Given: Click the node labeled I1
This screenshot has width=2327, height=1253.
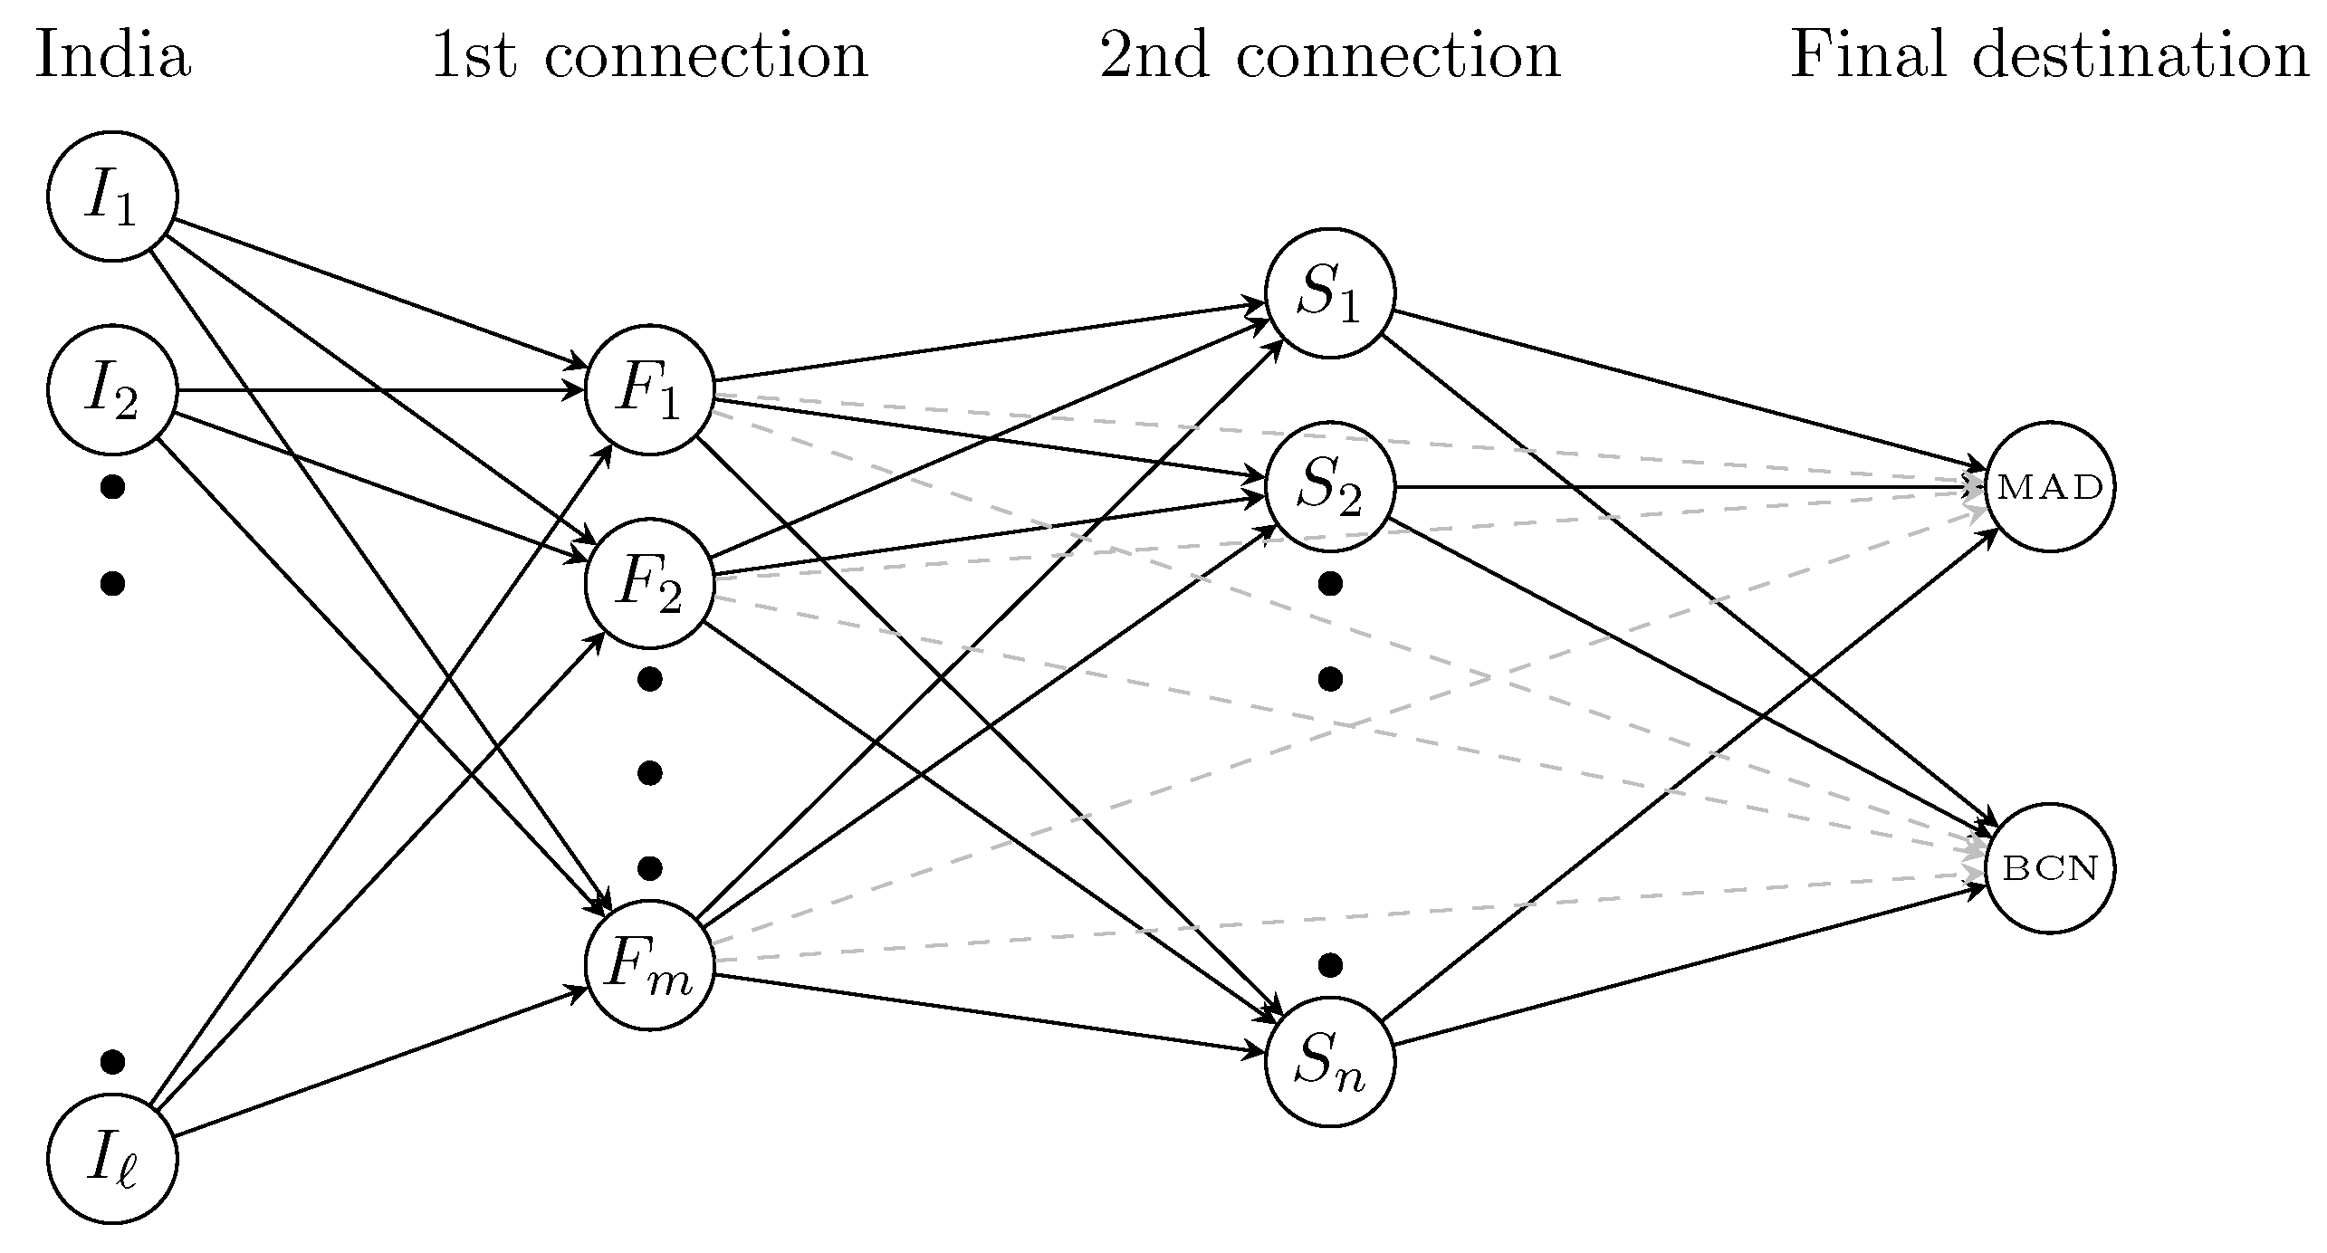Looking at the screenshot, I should point(112,196).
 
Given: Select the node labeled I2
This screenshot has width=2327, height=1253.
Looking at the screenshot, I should point(112,390).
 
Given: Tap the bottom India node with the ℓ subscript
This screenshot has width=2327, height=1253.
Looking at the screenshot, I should point(112,1160).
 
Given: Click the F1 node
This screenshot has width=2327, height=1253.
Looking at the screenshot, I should point(649,390).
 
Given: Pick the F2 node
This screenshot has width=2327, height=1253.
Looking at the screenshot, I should point(649,583).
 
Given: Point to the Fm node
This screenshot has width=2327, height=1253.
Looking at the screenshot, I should point(649,966).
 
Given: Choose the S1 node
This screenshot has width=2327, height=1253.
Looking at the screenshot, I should point(1329,293).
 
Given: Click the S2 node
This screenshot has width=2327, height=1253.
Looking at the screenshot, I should point(1329,486).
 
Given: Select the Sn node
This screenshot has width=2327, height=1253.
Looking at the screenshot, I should point(1329,1062).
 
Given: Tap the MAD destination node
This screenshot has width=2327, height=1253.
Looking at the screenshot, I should point(2050,486).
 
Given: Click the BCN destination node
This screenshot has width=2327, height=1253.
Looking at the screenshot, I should point(2050,868).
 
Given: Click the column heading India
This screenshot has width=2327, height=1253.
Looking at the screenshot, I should point(112,56).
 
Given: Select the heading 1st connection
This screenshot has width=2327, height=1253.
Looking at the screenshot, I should point(649,56).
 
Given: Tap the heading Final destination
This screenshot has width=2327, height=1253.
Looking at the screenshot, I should point(2050,56).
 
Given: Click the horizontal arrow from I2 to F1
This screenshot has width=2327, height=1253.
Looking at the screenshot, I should point(380,390).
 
